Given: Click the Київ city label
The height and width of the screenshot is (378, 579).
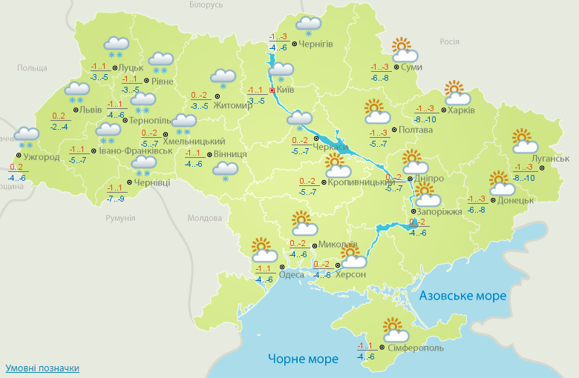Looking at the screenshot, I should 285,90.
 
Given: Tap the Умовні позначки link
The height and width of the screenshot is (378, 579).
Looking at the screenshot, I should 42,368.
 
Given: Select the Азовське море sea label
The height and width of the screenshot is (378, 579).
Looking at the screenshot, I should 462,296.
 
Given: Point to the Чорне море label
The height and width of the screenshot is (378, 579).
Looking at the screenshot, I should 303,359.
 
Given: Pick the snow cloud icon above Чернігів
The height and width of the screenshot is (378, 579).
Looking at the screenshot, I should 307,27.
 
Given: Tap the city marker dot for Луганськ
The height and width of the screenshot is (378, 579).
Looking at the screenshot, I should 542,168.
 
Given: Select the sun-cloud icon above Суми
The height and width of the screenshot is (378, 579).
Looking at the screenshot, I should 404,50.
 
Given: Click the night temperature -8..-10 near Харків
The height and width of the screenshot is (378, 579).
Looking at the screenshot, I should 425,119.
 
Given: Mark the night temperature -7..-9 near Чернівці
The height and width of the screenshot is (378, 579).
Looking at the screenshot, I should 115,199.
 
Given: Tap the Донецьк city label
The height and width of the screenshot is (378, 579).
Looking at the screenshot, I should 517,200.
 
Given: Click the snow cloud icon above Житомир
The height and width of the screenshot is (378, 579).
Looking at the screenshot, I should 223,78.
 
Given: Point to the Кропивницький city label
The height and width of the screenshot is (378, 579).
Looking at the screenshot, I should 361,182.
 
